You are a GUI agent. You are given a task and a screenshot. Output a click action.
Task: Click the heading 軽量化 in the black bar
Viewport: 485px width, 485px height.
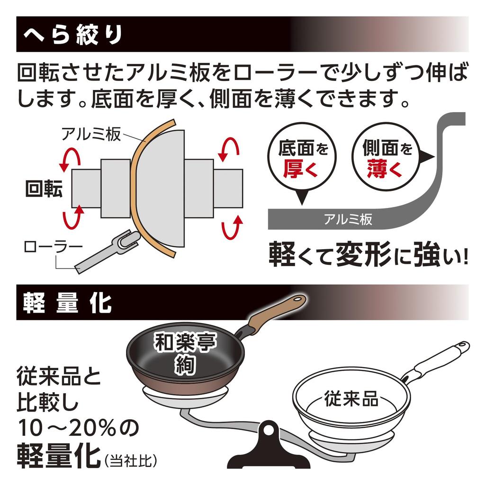(x=67, y=303)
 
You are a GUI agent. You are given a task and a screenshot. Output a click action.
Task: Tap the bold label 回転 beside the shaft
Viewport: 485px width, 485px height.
(x=44, y=189)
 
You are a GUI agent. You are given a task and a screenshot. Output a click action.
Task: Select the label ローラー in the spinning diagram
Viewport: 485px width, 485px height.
(x=54, y=246)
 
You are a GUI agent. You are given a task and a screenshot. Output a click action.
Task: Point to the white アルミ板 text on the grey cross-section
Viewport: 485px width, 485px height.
(x=348, y=219)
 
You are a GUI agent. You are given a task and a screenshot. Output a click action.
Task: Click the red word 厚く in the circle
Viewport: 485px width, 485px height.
(x=300, y=169)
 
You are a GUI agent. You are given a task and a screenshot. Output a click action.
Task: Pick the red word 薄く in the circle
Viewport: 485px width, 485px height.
(x=385, y=169)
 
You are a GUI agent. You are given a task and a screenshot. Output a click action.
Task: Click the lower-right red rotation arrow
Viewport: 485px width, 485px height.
(x=232, y=227)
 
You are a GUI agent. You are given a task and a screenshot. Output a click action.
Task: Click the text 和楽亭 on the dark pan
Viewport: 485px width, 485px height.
(x=186, y=342)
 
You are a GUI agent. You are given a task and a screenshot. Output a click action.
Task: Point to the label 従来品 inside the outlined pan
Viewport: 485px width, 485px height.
(x=351, y=399)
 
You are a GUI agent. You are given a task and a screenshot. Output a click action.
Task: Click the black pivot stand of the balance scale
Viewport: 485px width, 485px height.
(x=268, y=446)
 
